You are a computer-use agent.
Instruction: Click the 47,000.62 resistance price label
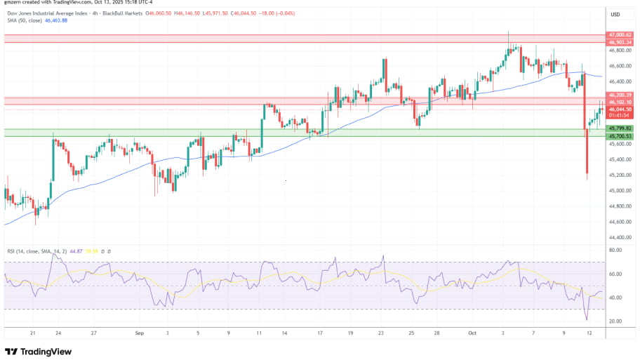pos(620,34)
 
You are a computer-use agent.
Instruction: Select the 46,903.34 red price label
pos(620,42)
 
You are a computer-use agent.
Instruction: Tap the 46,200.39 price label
pos(620,95)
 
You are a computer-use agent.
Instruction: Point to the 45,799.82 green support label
pos(620,128)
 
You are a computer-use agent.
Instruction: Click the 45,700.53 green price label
pos(620,135)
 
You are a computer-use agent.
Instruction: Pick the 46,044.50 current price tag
pos(620,109)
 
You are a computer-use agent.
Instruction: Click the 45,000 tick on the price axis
pos(618,191)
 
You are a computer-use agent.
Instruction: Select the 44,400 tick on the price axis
pos(618,237)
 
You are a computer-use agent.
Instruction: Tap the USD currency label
pos(615,15)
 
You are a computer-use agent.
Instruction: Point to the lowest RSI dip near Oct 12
pos(587,319)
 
